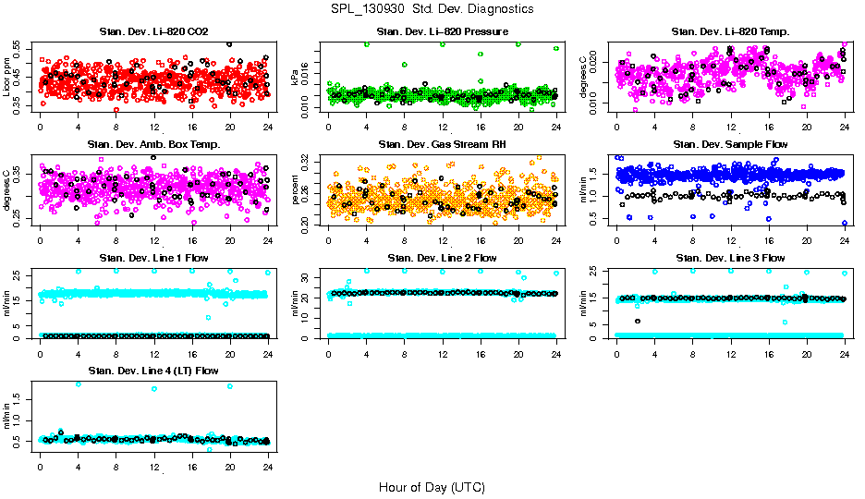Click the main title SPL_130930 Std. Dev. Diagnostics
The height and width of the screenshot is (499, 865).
432,8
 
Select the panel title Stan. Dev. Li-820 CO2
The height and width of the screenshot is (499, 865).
153,32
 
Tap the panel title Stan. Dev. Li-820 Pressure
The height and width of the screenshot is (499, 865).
442,32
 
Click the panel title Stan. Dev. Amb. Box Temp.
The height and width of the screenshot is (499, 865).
153,144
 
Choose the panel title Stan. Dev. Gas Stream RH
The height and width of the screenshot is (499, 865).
442,144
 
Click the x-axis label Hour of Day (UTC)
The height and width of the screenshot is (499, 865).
432,486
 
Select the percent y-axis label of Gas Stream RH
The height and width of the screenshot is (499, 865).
296,189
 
